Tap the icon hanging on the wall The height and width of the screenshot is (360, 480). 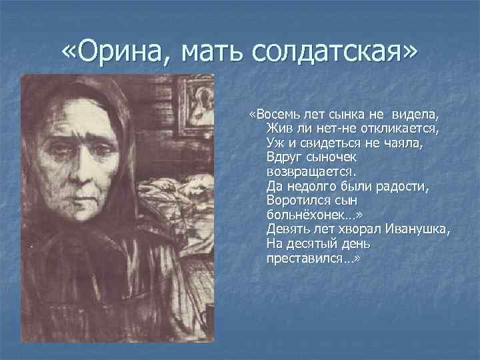pyautogui.click(x=201, y=104)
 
